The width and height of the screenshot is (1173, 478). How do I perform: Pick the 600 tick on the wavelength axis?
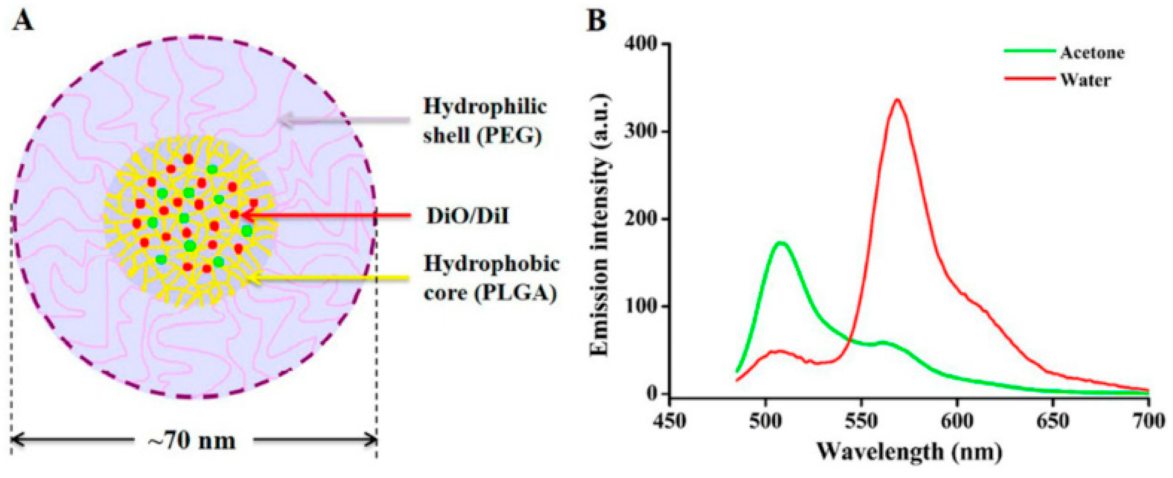click(957, 421)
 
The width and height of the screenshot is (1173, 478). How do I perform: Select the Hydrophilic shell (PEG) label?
click(484, 121)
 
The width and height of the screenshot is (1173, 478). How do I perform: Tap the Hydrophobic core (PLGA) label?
click(491, 278)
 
